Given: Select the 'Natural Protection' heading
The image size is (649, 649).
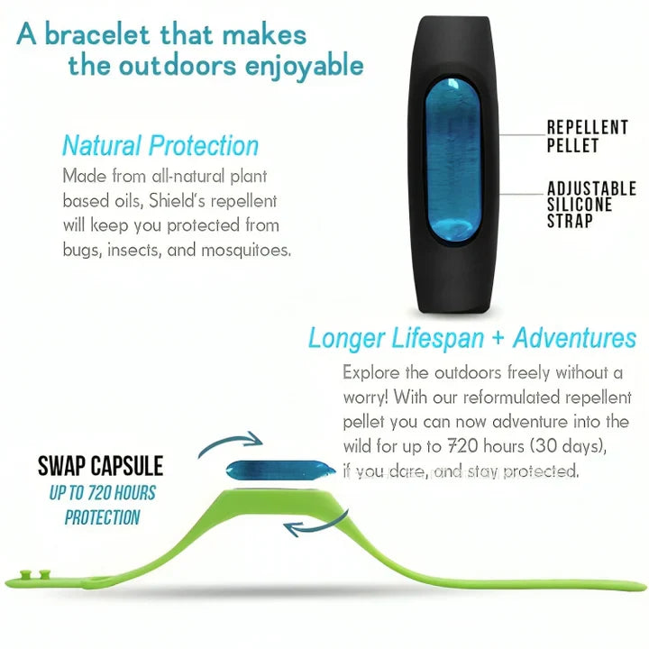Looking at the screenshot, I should pyautogui.click(x=160, y=145).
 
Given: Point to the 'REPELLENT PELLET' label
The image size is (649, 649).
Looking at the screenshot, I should pyautogui.click(x=586, y=135).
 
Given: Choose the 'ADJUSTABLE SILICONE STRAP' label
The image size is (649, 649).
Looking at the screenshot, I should pyautogui.click(x=590, y=204).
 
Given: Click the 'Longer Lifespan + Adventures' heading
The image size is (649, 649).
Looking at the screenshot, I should pyautogui.click(x=471, y=339).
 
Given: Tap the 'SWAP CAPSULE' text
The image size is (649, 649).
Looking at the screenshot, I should pyautogui.click(x=100, y=466).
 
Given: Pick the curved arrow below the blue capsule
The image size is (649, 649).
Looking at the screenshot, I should pyautogui.click(x=312, y=525).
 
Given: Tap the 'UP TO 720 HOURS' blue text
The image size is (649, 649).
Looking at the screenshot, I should pyautogui.click(x=102, y=493).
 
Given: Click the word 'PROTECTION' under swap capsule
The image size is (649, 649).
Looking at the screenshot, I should pyautogui.click(x=102, y=517).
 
